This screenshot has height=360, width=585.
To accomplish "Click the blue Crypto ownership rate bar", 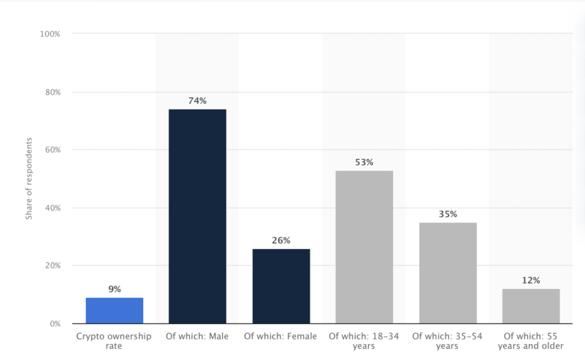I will pos(114,310).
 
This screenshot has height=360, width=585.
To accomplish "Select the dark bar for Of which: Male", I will pos(198,216).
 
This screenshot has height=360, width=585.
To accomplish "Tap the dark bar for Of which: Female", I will pos(281,286).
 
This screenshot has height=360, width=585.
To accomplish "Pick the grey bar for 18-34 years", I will pos(364,246).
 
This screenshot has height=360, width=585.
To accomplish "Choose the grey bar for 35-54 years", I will pos(447,273).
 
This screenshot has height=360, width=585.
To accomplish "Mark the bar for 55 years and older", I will pos(531,306).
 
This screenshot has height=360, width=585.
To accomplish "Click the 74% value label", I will pos(198,100).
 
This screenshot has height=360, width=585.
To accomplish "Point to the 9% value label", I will pos(114,289).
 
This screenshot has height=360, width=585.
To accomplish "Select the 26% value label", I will pos(281,240).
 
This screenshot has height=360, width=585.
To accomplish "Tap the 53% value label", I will pos(364,162).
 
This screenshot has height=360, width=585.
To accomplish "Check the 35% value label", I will pos(447,214).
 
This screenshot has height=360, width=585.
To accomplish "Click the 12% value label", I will pos(531,280).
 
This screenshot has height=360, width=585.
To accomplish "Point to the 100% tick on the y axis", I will pos(51,34).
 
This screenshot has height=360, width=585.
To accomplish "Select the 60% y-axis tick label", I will pos(53,149).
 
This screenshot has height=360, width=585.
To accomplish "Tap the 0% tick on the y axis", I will pos(55,324).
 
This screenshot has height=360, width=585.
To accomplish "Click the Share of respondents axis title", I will pos(30,178).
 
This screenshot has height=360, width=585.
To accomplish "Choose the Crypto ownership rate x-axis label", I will pos(114,341).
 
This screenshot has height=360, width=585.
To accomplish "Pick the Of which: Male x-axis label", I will pos(198,336).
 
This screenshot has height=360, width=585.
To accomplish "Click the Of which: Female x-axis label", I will pos(281,336).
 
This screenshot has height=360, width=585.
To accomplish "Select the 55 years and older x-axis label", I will pos(531,341).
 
